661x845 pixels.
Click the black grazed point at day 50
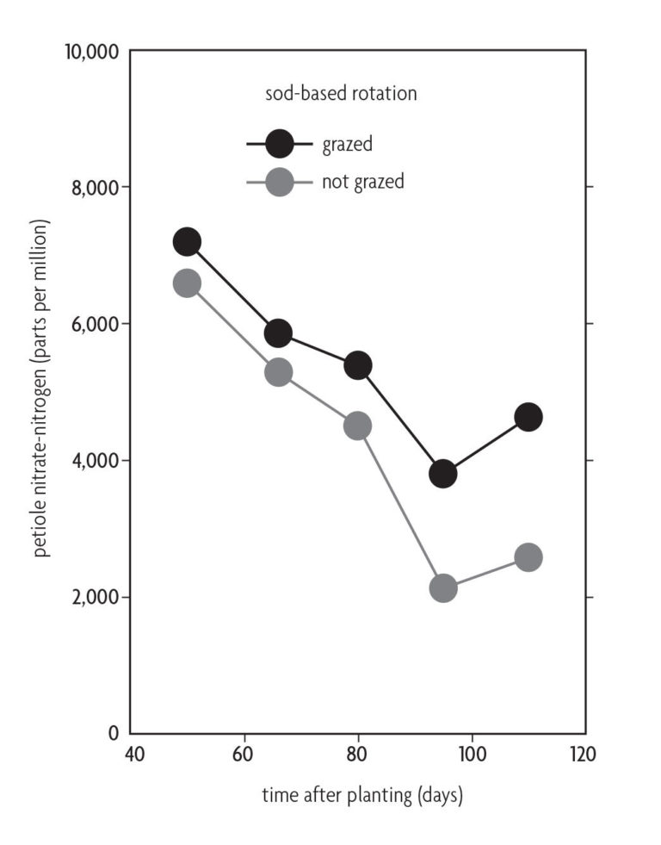[187, 242]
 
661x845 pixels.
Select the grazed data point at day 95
[442, 473]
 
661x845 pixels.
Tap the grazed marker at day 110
[528, 417]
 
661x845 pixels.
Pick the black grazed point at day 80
[357, 365]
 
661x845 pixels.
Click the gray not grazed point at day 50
[187, 283]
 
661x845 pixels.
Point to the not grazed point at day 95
[442, 588]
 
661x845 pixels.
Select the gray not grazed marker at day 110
[528, 556]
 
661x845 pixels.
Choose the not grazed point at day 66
[278, 372]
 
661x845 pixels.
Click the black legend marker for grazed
[280, 144]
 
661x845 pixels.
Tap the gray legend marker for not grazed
[280, 182]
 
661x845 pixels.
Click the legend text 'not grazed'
[362, 182]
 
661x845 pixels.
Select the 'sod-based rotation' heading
[341, 94]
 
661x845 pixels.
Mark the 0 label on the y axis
[113, 734]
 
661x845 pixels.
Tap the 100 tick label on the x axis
[471, 754]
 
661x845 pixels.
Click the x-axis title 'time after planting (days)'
[362, 795]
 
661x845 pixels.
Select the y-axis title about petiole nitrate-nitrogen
[41, 388]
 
